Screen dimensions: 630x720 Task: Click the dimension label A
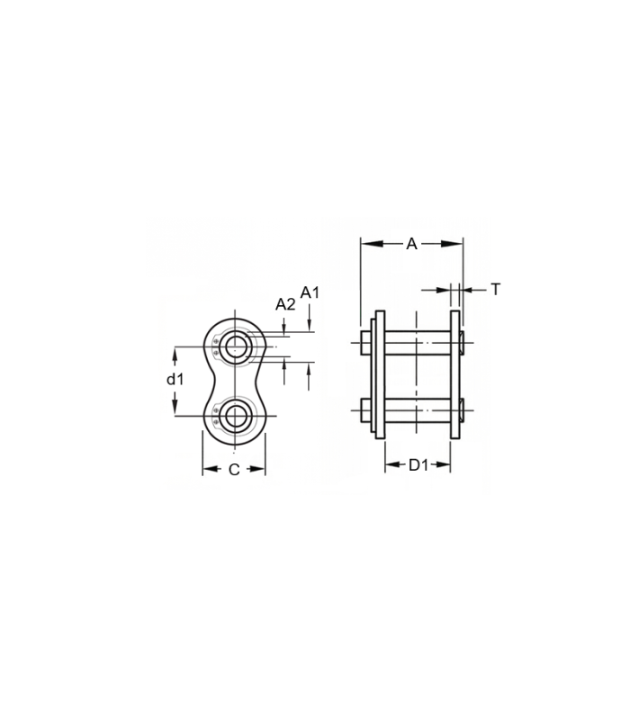(412, 244)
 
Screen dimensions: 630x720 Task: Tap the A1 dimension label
(310, 292)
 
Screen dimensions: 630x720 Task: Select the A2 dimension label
(285, 304)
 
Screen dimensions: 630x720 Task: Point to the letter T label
(496, 290)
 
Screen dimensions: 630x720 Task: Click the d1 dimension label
(175, 379)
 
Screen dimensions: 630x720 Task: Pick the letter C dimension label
(234, 470)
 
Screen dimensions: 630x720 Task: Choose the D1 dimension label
(418, 465)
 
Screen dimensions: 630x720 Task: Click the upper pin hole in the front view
(235, 346)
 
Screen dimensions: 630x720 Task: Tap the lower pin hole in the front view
(235, 416)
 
